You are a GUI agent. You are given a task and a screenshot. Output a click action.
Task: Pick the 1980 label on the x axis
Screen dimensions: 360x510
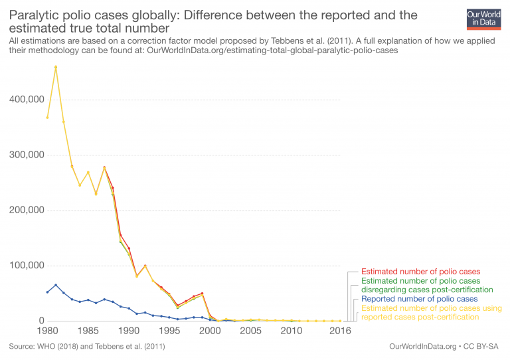point(47,330)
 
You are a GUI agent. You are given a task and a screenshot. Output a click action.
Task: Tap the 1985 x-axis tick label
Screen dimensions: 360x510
point(88,330)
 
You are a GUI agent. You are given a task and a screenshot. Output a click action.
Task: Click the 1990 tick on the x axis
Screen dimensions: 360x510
point(128,330)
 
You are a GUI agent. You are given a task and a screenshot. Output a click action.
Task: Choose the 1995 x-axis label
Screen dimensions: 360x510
point(169,330)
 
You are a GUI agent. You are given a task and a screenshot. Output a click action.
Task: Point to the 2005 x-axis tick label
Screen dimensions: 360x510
point(250,330)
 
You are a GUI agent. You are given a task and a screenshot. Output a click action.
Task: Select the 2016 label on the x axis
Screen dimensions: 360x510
point(340,330)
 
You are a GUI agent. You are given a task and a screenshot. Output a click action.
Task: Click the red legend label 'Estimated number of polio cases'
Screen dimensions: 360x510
point(420,272)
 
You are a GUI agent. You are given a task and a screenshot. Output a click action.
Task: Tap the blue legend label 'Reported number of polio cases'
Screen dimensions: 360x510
point(420,299)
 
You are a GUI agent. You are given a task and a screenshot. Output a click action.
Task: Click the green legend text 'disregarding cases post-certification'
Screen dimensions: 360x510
point(427,290)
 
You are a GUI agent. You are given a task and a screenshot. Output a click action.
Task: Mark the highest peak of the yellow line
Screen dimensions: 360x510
point(56,67)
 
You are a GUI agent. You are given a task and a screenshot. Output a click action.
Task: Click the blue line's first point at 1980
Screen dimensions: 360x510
point(47,292)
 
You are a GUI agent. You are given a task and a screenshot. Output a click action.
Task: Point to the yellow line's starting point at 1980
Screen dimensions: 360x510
point(47,118)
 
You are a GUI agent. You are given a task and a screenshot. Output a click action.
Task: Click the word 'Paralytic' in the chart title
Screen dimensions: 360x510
point(33,15)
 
